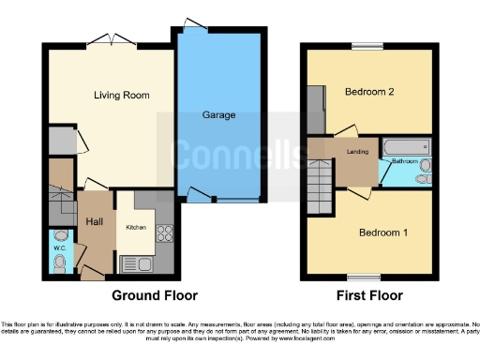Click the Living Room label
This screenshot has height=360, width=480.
pos(121,95)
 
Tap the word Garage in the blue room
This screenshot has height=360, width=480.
pos(218,115)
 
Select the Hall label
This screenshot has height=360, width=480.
pos(95,221)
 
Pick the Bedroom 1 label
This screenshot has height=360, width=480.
pos(382,232)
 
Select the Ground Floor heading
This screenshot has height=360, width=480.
pos(155,295)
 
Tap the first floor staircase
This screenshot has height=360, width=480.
pos(321,176)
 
